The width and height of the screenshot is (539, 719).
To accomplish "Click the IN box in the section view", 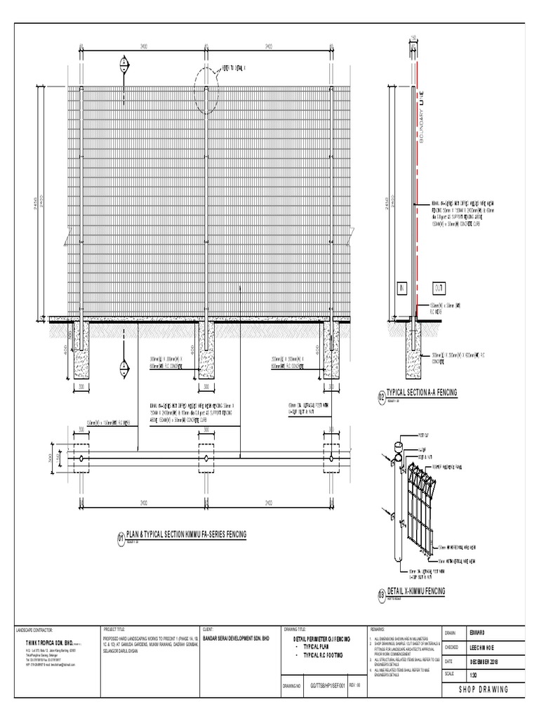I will [402, 288].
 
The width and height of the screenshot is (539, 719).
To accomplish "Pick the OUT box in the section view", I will [439, 288].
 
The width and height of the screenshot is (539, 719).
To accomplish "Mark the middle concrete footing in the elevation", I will [206, 351].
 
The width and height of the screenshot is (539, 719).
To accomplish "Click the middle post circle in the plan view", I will [206, 459].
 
